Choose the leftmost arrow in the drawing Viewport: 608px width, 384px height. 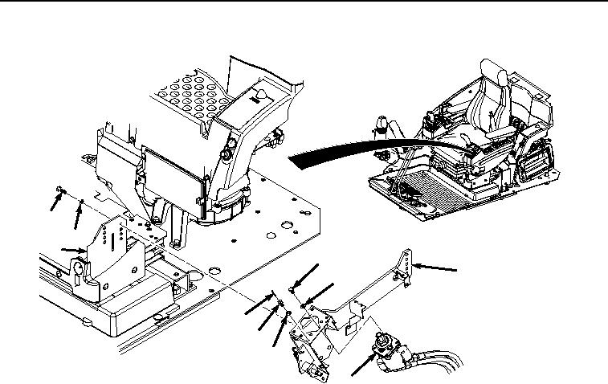click(x=54, y=202)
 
